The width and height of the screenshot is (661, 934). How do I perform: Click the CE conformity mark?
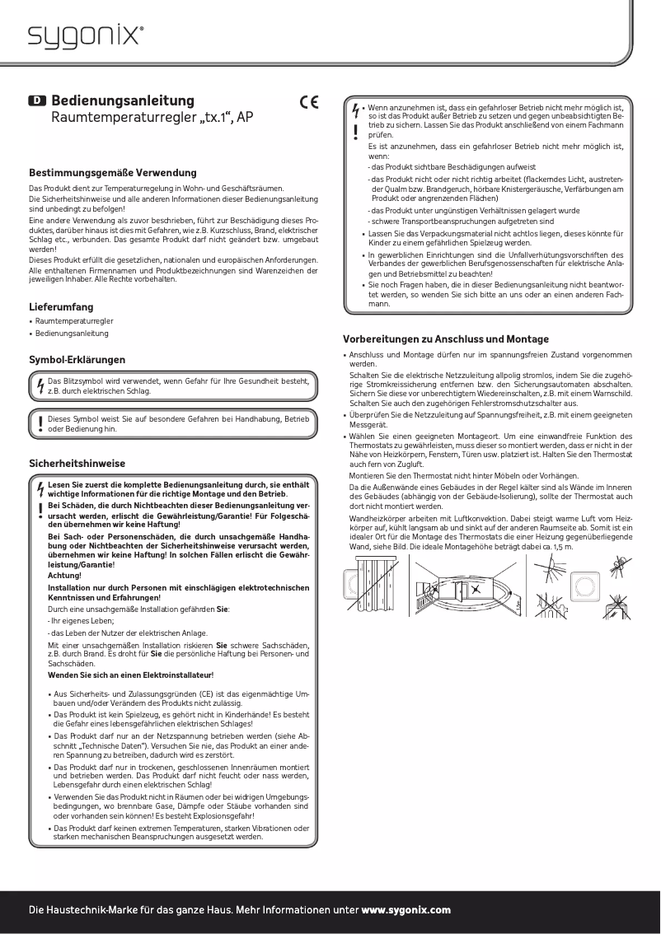tap(309, 103)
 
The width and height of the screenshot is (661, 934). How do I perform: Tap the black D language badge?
tap(37, 100)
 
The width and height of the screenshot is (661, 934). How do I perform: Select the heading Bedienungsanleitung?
tap(123, 100)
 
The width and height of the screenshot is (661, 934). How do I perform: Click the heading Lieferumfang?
tap(61, 307)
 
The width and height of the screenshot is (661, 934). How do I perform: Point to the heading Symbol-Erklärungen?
tap(77, 360)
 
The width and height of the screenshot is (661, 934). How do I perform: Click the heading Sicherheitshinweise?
tap(77, 464)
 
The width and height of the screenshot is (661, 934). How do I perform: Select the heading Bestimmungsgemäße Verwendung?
tap(113, 173)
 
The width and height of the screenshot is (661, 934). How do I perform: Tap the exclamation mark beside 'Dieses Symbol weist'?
tap(40, 423)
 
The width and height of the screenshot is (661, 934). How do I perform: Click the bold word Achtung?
tap(65, 576)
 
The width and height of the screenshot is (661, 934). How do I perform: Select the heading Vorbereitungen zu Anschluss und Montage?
tap(445, 339)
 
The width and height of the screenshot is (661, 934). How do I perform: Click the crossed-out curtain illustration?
tap(376, 587)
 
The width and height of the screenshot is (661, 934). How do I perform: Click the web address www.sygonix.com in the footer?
tap(406, 910)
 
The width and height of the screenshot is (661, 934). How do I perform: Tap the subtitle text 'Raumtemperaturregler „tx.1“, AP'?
tap(152, 119)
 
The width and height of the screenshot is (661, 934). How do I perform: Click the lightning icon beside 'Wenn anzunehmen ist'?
tap(355, 109)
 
